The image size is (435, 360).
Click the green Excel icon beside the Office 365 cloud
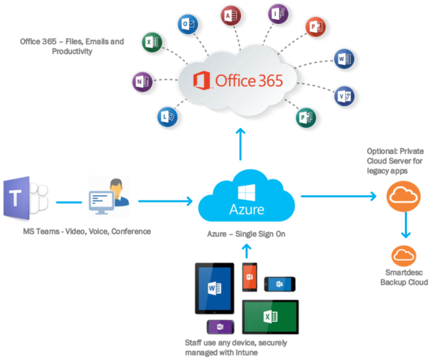click(151, 43)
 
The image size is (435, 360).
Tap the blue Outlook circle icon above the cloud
click(187, 25)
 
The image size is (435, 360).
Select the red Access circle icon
click(232, 15)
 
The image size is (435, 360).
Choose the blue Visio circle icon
click(344, 95)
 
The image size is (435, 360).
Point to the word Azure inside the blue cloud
click(247, 210)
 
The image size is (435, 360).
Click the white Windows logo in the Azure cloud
click(247, 193)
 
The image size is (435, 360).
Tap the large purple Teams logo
click(25, 197)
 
